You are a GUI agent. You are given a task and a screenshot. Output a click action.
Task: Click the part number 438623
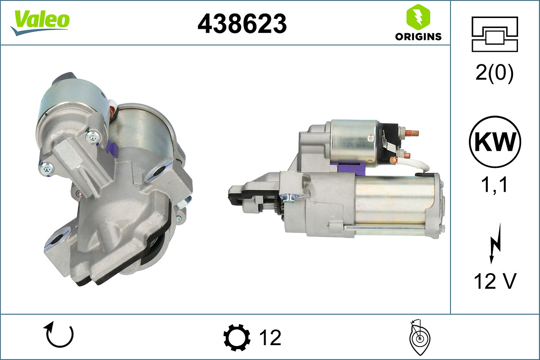(x=242, y=24)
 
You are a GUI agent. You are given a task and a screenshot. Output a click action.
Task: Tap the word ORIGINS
(x=418, y=36)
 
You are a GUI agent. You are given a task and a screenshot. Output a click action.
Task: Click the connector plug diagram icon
(x=495, y=34)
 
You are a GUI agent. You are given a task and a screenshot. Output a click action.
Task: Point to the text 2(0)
(x=495, y=73)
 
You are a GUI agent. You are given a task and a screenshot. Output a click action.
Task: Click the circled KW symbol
(x=495, y=142)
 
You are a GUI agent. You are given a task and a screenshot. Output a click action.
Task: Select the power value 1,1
(x=494, y=184)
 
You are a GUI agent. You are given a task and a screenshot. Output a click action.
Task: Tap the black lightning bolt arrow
(x=495, y=243)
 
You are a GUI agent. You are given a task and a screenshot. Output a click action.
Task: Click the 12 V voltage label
(x=495, y=281)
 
